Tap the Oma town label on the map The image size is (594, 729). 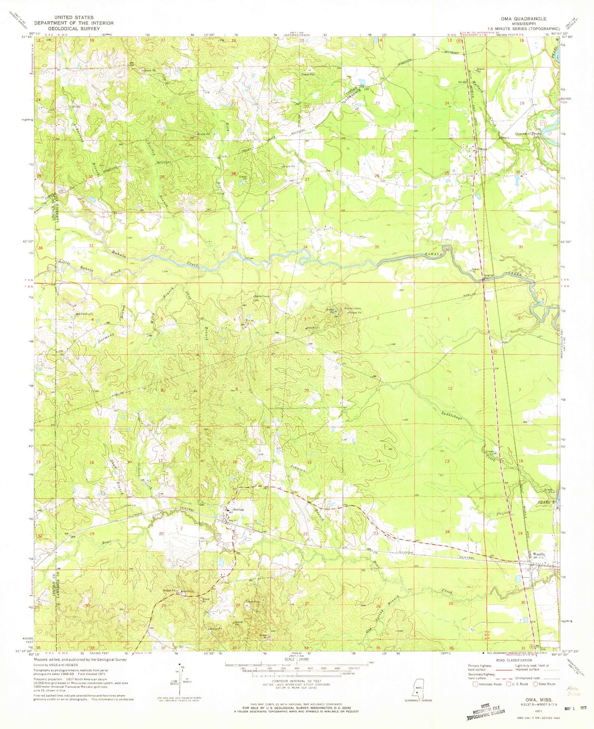[x=482, y=149]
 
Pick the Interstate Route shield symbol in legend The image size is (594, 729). [x=475, y=684]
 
